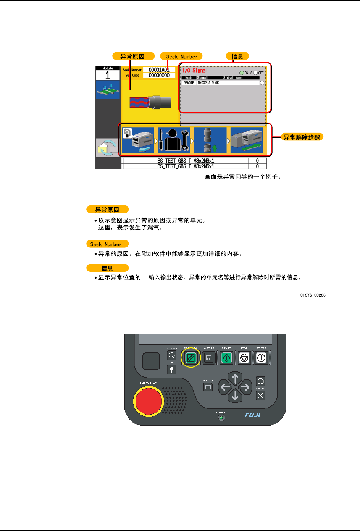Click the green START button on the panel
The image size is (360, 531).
[226, 358]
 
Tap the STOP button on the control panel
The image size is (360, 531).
[244, 358]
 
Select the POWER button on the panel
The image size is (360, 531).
[261, 358]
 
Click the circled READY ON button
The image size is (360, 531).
[190, 358]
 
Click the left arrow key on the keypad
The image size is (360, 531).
[225, 387]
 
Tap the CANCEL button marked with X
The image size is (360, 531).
[260, 395]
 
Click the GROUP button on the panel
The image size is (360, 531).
[208, 358]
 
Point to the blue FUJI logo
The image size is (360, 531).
[252, 415]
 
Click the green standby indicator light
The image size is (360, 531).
[221, 417]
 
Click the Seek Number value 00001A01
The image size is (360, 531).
[159, 70]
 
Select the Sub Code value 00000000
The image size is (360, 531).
[159, 76]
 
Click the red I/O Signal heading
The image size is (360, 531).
[195, 70]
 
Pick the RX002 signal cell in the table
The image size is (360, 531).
[202, 83]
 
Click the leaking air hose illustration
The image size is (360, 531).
[150, 102]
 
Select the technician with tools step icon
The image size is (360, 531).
[174, 140]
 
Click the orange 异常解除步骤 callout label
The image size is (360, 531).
[302, 137]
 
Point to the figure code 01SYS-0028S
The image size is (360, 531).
[313, 295]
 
